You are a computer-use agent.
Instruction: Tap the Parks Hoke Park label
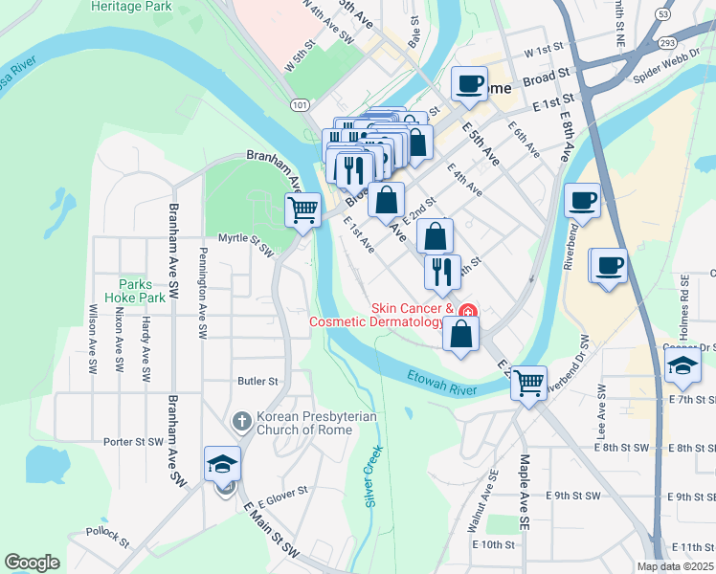point(143,290)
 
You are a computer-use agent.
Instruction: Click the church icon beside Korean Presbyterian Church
point(241,421)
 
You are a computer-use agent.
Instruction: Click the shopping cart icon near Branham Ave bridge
point(302,209)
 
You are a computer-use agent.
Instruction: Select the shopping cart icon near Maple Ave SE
point(528,383)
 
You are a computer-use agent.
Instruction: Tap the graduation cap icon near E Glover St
point(223,464)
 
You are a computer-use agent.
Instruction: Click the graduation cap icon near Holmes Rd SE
point(682,364)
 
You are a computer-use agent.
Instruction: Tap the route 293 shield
point(668,43)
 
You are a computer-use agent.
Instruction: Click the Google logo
point(33,563)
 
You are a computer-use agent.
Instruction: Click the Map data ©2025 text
point(676,566)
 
